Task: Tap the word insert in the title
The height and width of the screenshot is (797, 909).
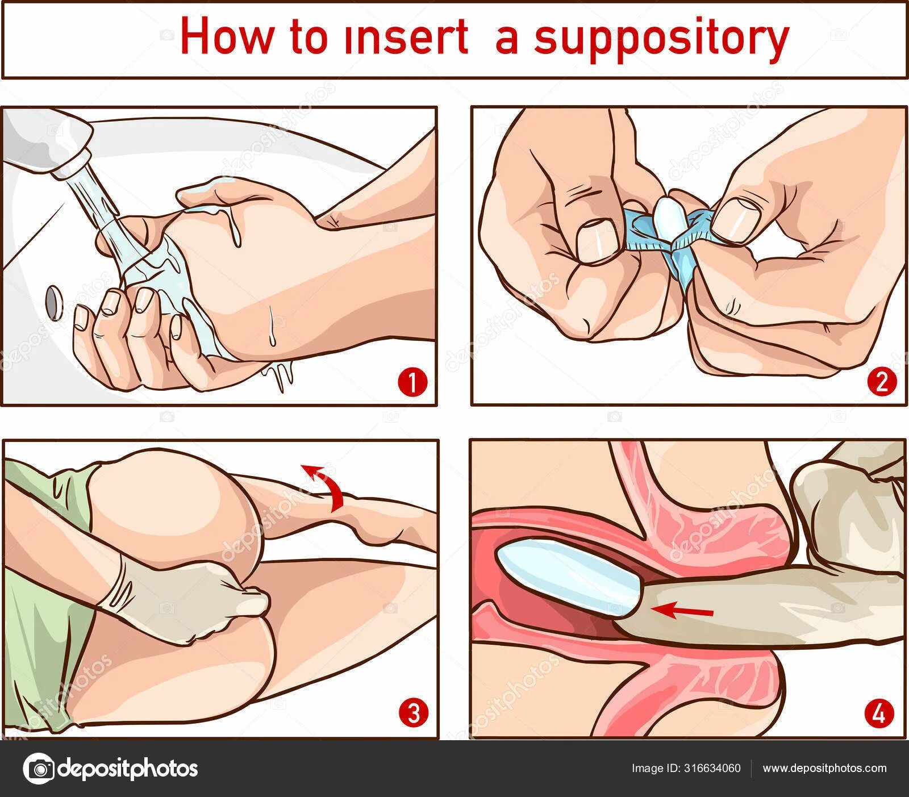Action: coord(405,37)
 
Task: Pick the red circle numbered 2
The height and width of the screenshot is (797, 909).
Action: coord(882,382)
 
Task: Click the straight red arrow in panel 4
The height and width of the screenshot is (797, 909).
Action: coord(681,611)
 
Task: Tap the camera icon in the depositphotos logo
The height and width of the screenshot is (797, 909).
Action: coord(39,769)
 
